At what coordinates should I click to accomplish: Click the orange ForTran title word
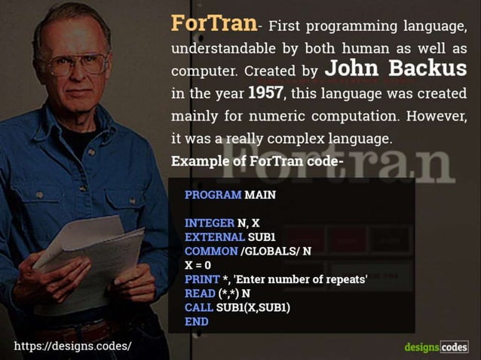pos(214,23)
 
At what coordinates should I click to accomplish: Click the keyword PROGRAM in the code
pos(213,195)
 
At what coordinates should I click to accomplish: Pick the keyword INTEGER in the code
pos(210,224)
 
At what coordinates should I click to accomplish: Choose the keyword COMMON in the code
pos(211,252)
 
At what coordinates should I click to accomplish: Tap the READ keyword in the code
pos(200,294)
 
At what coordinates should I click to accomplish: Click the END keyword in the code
pos(196,322)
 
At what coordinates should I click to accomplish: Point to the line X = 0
pos(198,266)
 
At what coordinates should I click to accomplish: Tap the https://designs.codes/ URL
pos(72,346)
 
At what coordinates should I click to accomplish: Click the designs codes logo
pos(436,346)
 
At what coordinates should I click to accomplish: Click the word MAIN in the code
pos(261,195)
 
